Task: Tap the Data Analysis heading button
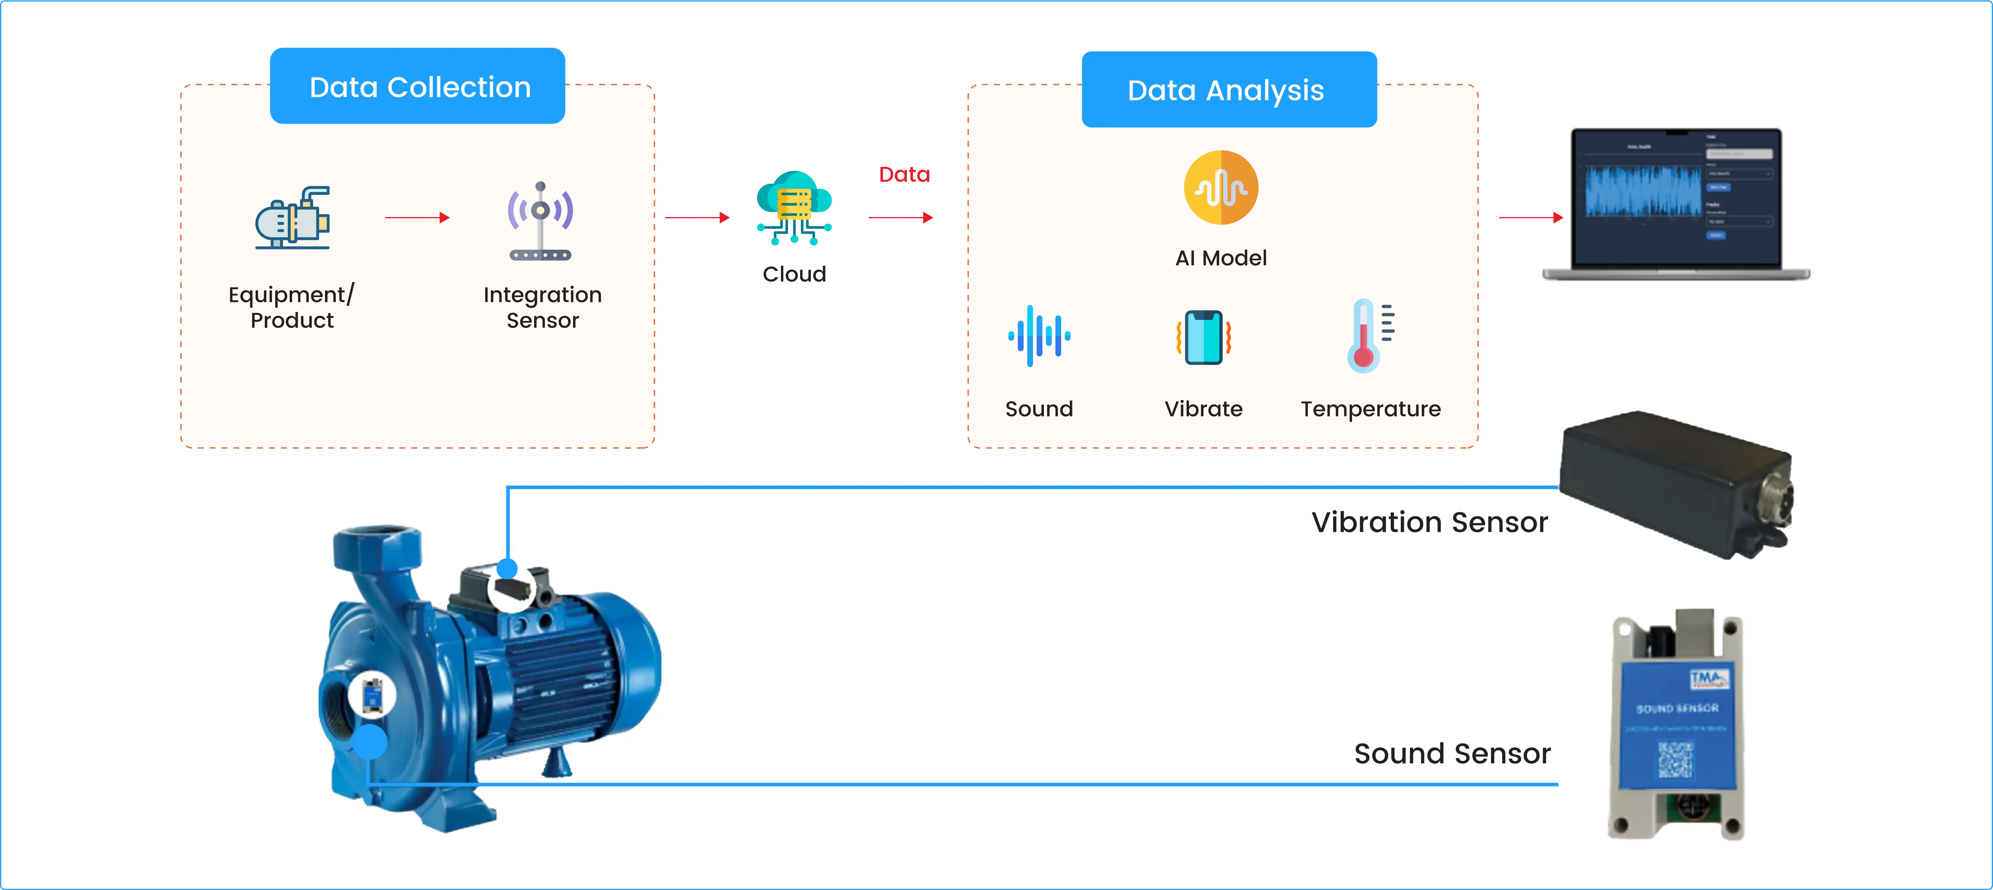click(x=1229, y=90)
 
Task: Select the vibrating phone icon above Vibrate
click(x=1203, y=337)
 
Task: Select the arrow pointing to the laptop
click(x=1530, y=217)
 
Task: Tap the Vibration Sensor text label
click(x=1429, y=522)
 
